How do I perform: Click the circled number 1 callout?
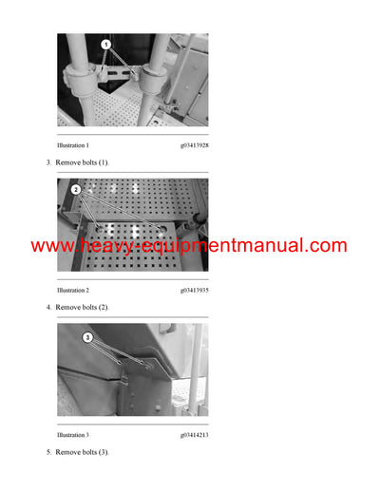tap(105, 45)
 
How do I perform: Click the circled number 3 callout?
tap(87, 337)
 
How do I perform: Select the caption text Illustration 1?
tap(73, 145)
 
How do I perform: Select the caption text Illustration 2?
tap(73, 290)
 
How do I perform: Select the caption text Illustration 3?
tap(73, 435)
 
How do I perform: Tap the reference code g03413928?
tap(194, 145)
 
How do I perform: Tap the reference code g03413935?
tap(194, 290)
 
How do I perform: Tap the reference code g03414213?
tap(194, 435)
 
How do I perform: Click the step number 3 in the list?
tap(48, 163)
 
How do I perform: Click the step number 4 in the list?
tap(48, 308)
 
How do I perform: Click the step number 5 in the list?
tap(48, 452)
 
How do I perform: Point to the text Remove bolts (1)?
tap(83, 163)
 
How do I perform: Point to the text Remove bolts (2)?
tap(83, 308)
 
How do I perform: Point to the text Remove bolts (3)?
tap(83, 452)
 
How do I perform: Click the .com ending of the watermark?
tap(324, 246)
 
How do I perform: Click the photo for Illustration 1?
tap(132, 81)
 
